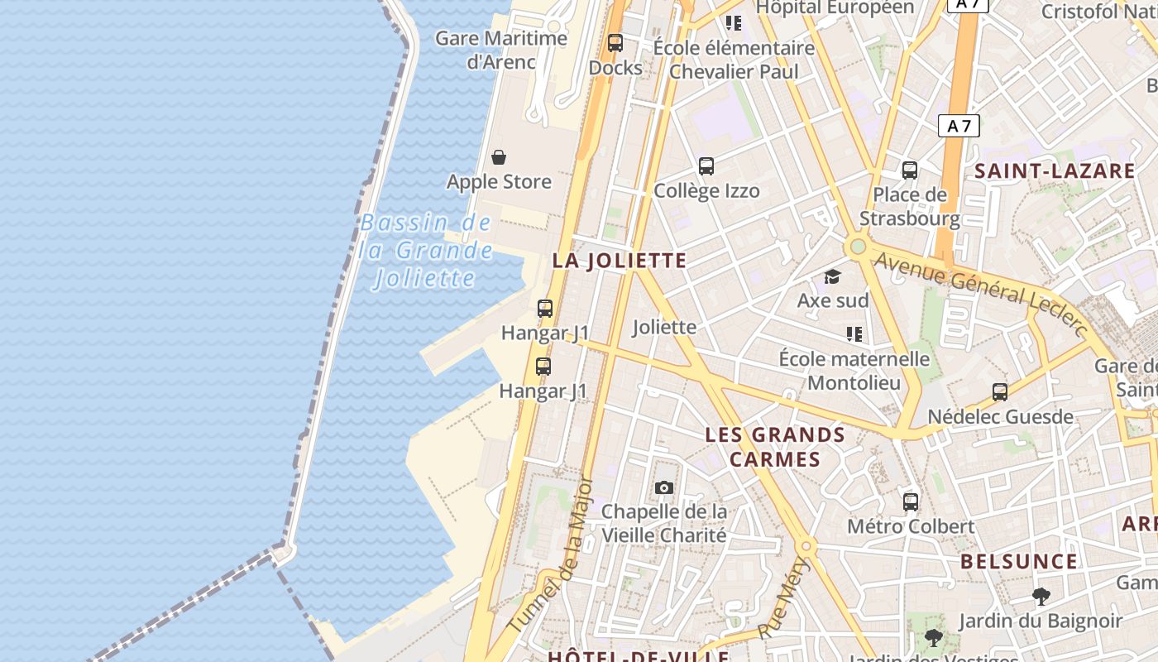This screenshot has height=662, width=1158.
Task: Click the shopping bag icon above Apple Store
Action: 499,157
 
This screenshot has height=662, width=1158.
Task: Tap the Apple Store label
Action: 499,182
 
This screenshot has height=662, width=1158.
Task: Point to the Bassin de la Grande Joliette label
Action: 426,250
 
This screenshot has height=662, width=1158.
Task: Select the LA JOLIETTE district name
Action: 620,261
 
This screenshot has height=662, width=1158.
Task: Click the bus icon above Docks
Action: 615,43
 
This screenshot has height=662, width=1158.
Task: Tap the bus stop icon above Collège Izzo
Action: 706,166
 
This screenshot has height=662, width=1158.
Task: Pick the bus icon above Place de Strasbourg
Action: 910,170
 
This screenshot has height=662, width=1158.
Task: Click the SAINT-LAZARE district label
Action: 1055,171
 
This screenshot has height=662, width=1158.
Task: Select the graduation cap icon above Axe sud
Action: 832,276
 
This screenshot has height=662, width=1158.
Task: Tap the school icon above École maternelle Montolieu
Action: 854,334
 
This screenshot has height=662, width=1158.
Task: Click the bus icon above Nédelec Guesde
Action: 1000,392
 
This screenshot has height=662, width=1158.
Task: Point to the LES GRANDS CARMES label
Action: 775,447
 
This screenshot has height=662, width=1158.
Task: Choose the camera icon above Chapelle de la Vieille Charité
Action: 664,488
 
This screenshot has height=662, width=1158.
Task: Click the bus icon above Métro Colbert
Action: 911,501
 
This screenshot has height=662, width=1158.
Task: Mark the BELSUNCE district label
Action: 1019,562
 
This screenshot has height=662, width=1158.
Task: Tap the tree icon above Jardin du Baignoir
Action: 1041,596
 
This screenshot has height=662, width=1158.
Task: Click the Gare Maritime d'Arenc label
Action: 501,50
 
